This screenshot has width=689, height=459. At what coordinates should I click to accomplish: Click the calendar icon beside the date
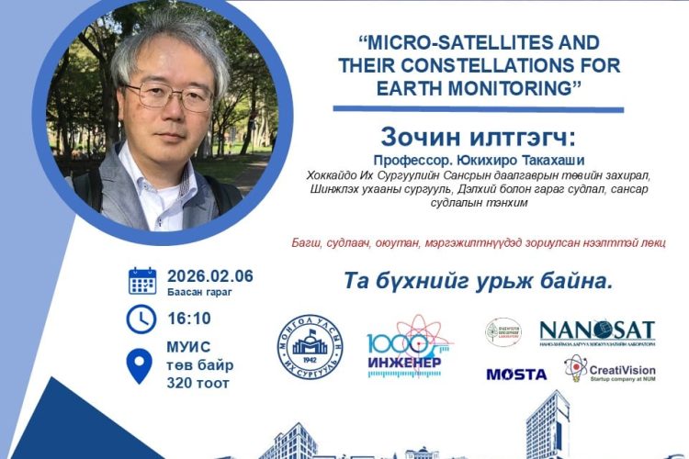pyautogui.click(x=141, y=281)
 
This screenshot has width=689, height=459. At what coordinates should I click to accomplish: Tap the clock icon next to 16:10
pyautogui.click(x=141, y=319)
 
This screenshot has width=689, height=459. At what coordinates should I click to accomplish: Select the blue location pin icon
pyautogui.click(x=140, y=364)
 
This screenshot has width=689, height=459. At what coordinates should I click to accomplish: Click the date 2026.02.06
pyautogui.click(x=210, y=276)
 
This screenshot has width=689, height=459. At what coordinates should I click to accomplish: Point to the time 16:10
pyautogui.click(x=189, y=319)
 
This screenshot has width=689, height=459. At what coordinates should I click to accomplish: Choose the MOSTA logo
pyautogui.click(x=516, y=375)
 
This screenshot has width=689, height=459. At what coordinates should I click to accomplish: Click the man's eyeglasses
pyautogui.click(x=169, y=94)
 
